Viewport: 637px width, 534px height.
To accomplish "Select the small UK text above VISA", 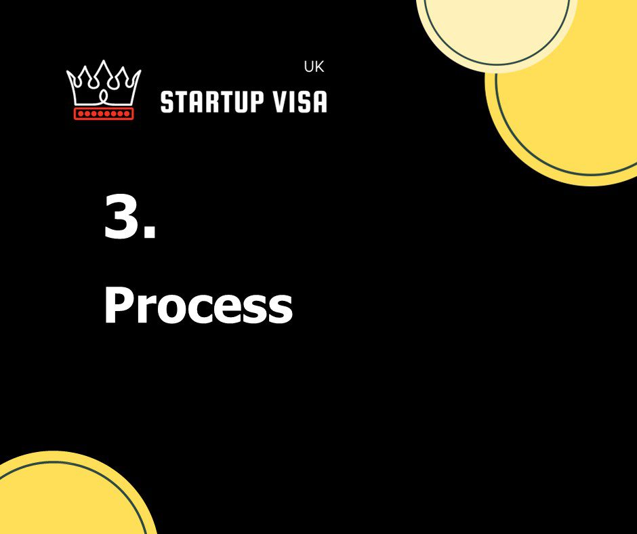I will click(314, 68).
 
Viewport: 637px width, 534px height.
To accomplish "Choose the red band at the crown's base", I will click(104, 113).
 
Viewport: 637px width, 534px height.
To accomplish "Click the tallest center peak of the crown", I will click(104, 64).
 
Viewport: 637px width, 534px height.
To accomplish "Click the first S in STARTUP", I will click(167, 102).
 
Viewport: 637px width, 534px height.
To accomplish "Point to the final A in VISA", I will click(319, 102).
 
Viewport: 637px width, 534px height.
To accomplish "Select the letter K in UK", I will click(319, 68).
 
